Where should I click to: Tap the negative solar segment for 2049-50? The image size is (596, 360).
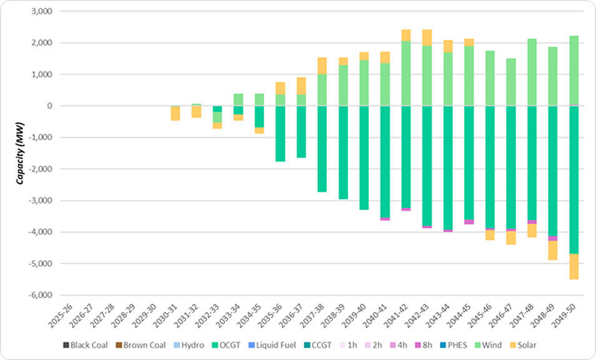(x=574, y=266)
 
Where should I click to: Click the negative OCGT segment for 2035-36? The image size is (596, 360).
(x=280, y=134)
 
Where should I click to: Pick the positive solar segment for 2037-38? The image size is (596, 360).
(x=322, y=66)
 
